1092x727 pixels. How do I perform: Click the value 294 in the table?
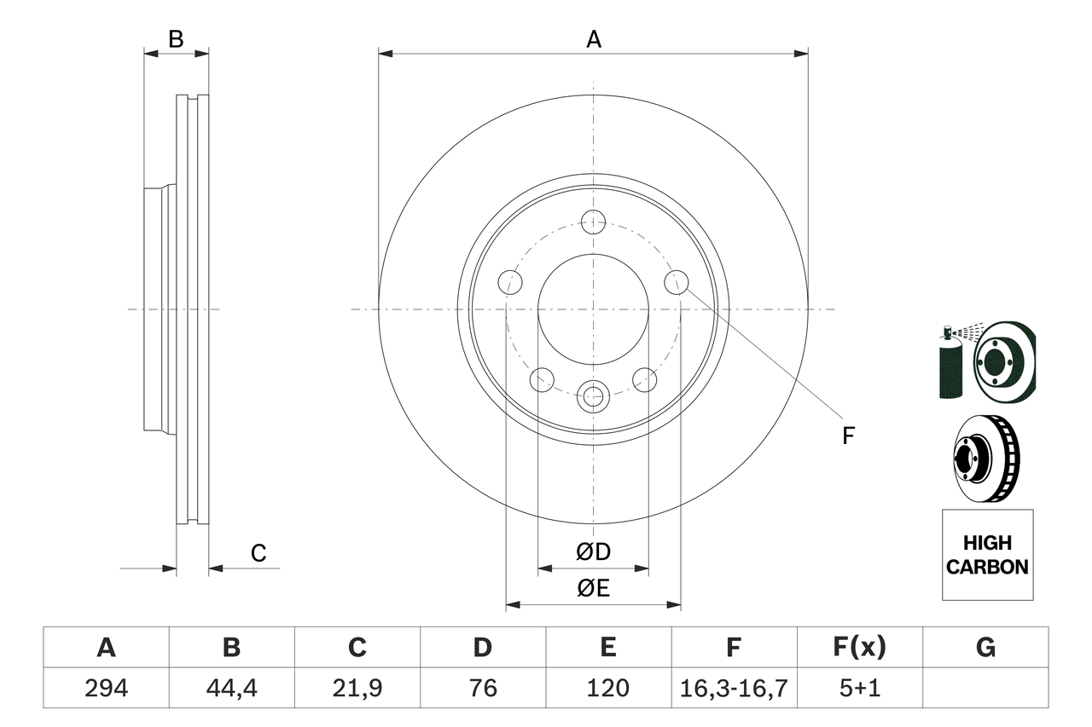click(x=106, y=688)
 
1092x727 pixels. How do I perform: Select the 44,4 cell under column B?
click(x=231, y=688)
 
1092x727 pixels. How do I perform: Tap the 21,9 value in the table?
click(x=357, y=688)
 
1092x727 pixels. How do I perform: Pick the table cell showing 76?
click(x=482, y=688)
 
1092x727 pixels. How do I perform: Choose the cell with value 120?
click(x=607, y=688)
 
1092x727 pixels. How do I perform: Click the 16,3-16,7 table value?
click(x=733, y=688)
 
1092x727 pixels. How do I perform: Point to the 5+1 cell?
click(x=859, y=688)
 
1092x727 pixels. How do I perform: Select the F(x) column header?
click(x=859, y=648)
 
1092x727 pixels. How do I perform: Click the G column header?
click(x=985, y=648)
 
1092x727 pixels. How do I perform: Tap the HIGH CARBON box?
click(x=987, y=555)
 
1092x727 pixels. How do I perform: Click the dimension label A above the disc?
click(x=594, y=39)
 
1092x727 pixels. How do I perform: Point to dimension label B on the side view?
click(x=176, y=39)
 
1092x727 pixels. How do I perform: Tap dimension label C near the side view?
click(x=258, y=553)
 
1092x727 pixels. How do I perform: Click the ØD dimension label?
click(x=594, y=552)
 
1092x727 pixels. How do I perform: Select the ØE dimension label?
click(x=594, y=588)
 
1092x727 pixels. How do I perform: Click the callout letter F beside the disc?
click(x=848, y=436)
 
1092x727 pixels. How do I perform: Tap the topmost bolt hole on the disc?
click(x=593, y=222)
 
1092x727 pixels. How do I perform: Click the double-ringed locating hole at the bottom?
click(x=592, y=396)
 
